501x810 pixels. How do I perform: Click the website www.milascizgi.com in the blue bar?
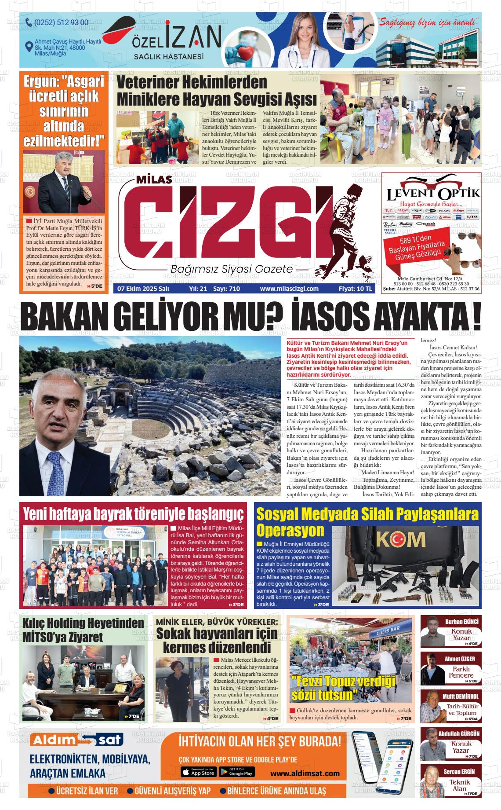[289, 289]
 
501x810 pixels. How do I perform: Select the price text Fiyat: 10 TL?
[356, 289]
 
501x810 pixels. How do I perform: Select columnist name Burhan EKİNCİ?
[461, 622]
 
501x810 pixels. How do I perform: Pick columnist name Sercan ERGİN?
[461, 772]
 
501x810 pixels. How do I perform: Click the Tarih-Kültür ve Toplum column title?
[461, 710]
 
